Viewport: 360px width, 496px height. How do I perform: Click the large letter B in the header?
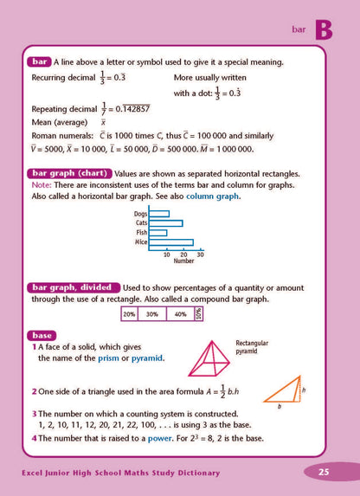pyautogui.click(x=323, y=29)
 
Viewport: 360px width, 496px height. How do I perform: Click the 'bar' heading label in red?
pyautogui.click(x=38, y=61)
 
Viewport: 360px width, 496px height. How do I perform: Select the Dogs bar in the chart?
pyautogui.click(x=159, y=213)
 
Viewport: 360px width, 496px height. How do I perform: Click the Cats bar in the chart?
pyautogui.click(x=165, y=222)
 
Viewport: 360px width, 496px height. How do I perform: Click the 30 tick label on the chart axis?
pyautogui.click(x=200, y=254)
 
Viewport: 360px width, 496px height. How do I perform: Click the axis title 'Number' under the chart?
pyautogui.click(x=183, y=261)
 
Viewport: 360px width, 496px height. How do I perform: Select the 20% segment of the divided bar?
pyautogui.click(x=130, y=315)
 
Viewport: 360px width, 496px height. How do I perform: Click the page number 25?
pyautogui.click(x=324, y=472)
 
